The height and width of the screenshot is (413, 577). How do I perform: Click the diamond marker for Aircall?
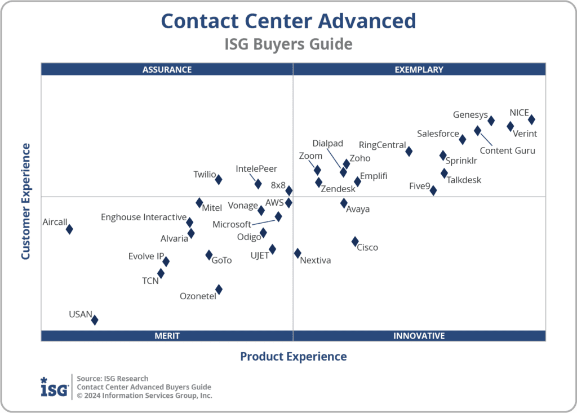click(x=69, y=229)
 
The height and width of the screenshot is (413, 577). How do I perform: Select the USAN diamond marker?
click(x=95, y=320)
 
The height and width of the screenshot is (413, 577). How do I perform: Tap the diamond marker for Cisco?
click(x=355, y=241)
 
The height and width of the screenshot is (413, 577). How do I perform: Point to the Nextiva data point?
click(x=298, y=254)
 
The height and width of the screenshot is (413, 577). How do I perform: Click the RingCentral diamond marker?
click(x=409, y=151)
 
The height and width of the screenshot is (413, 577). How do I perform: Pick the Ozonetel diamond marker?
click(x=219, y=290)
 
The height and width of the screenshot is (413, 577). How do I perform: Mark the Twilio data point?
click(x=219, y=179)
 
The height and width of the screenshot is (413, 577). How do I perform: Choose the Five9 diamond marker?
click(x=433, y=190)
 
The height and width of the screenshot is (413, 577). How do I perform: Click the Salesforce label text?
click(x=438, y=134)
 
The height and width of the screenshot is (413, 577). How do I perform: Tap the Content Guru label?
click(x=507, y=150)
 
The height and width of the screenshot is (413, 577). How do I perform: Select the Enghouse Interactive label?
click(x=144, y=217)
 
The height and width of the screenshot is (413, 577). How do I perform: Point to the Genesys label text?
click(x=470, y=115)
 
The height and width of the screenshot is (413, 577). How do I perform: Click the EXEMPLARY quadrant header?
click(x=419, y=70)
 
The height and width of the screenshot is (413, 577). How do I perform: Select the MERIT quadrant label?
click(x=167, y=336)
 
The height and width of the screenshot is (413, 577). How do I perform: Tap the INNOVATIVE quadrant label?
click(x=419, y=336)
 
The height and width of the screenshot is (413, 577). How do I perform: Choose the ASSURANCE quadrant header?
click(x=167, y=70)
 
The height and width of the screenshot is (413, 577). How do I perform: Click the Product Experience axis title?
click(x=293, y=356)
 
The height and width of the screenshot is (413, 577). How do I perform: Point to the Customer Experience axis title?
click(x=25, y=201)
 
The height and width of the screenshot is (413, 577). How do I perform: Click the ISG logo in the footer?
click(x=55, y=387)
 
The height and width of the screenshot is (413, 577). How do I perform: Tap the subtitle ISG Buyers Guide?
click(x=288, y=44)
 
